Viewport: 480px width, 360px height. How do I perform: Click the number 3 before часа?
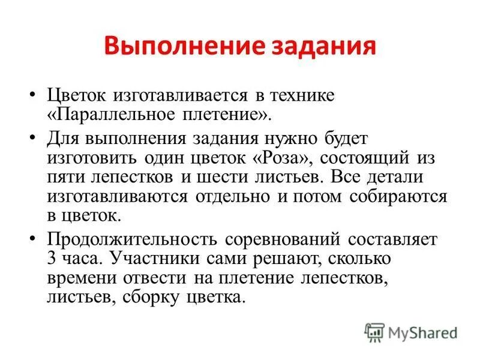coord(51,259)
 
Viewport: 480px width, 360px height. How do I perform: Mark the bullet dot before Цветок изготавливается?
coord(33,96)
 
